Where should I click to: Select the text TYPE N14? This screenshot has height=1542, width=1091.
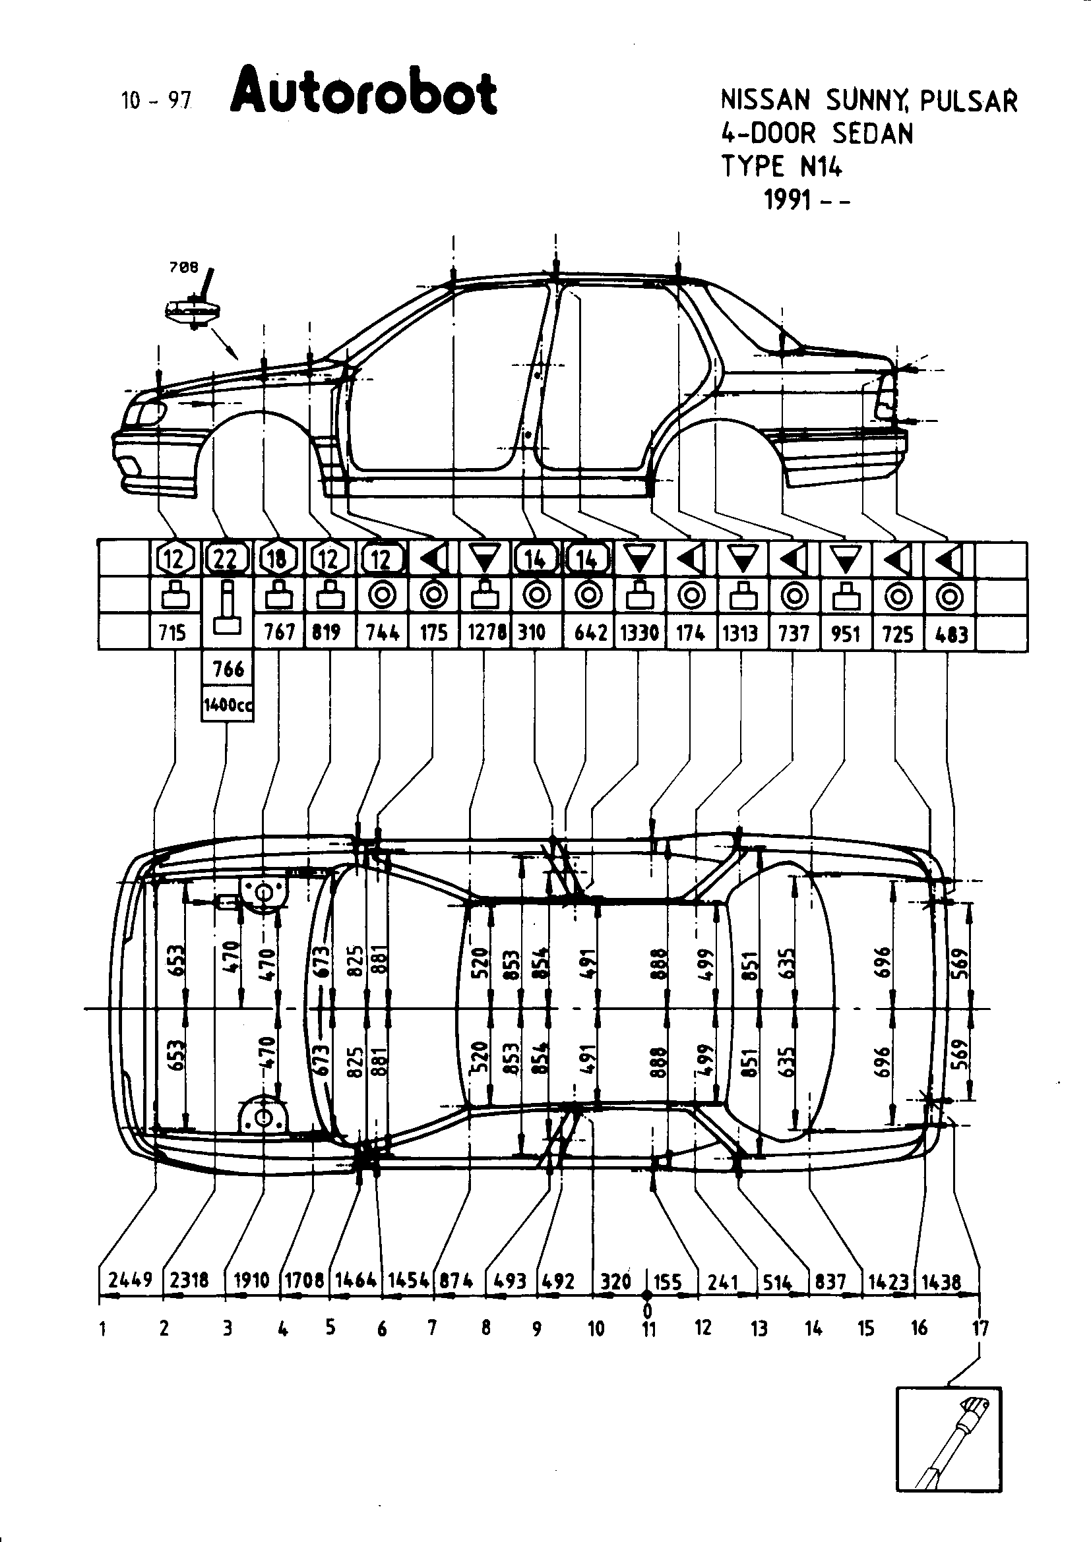coord(781,166)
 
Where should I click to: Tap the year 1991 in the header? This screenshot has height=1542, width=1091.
coord(788,200)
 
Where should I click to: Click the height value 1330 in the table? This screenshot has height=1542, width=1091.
coord(640,633)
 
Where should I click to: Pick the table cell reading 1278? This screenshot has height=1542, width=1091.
coord(486,633)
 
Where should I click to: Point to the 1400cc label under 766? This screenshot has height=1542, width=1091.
coord(227,705)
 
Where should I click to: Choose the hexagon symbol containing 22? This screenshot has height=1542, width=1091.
coord(227,558)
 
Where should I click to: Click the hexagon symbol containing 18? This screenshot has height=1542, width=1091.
coord(278,558)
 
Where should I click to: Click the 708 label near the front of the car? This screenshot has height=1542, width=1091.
coord(184,267)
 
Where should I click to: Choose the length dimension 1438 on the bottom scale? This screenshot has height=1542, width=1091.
coord(942,1281)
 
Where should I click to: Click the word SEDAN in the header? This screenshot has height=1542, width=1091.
coord(873,134)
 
